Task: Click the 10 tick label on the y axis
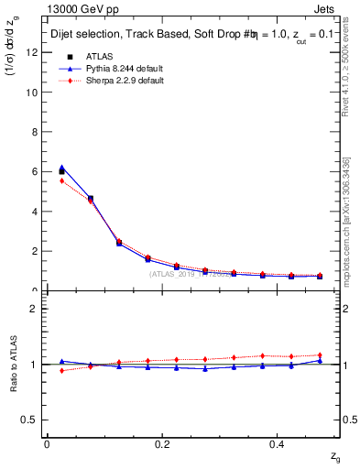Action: [33, 93]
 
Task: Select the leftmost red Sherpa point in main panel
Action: [61, 180]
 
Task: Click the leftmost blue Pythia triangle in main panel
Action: [61, 168]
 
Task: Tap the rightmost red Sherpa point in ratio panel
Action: [320, 354]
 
